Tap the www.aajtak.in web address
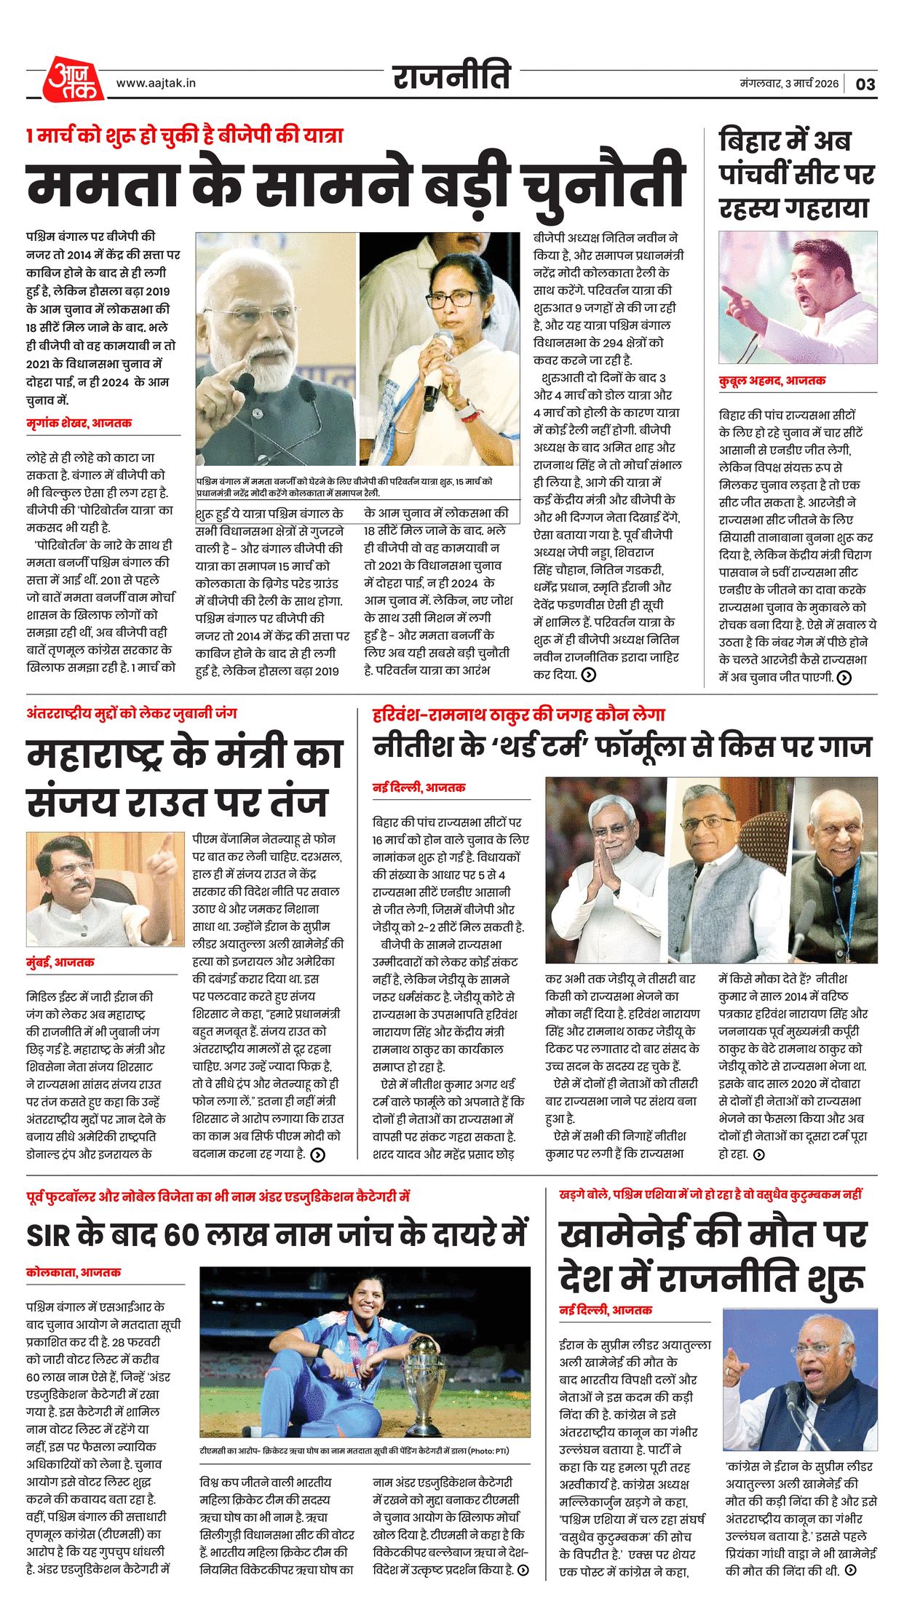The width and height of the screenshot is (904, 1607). [156, 84]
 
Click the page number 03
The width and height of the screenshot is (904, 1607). [865, 84]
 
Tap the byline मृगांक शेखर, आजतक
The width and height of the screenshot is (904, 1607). [79, 423]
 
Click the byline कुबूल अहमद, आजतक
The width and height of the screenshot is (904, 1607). [772, 381]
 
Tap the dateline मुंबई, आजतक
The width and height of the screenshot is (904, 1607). [60, 962]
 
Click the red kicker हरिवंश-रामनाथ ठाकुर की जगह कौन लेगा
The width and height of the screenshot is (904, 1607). [518, 715]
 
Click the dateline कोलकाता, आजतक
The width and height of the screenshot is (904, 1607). [73, 1272]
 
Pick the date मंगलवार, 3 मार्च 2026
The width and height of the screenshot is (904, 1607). [789, 84]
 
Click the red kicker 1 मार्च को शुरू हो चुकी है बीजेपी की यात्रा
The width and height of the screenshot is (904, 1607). [184, 136]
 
